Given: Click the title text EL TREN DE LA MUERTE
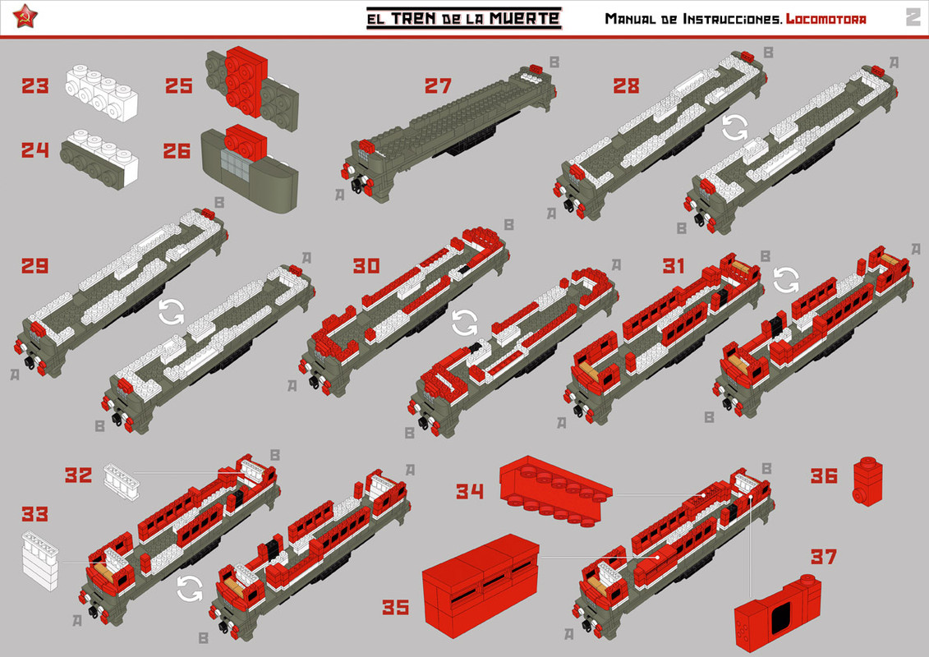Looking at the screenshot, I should coord(463,17).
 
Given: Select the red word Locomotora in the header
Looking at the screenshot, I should coord(826,18).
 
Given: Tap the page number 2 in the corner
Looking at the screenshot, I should coord(913,17).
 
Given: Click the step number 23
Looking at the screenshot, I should coord(35,85).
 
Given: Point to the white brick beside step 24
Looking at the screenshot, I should coord(99,152).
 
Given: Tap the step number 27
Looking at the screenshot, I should coord(439,85).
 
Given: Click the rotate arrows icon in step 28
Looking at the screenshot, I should coord(734,126).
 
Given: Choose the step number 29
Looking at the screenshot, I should coord(35,266).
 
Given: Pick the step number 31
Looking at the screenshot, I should coord(674,266).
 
